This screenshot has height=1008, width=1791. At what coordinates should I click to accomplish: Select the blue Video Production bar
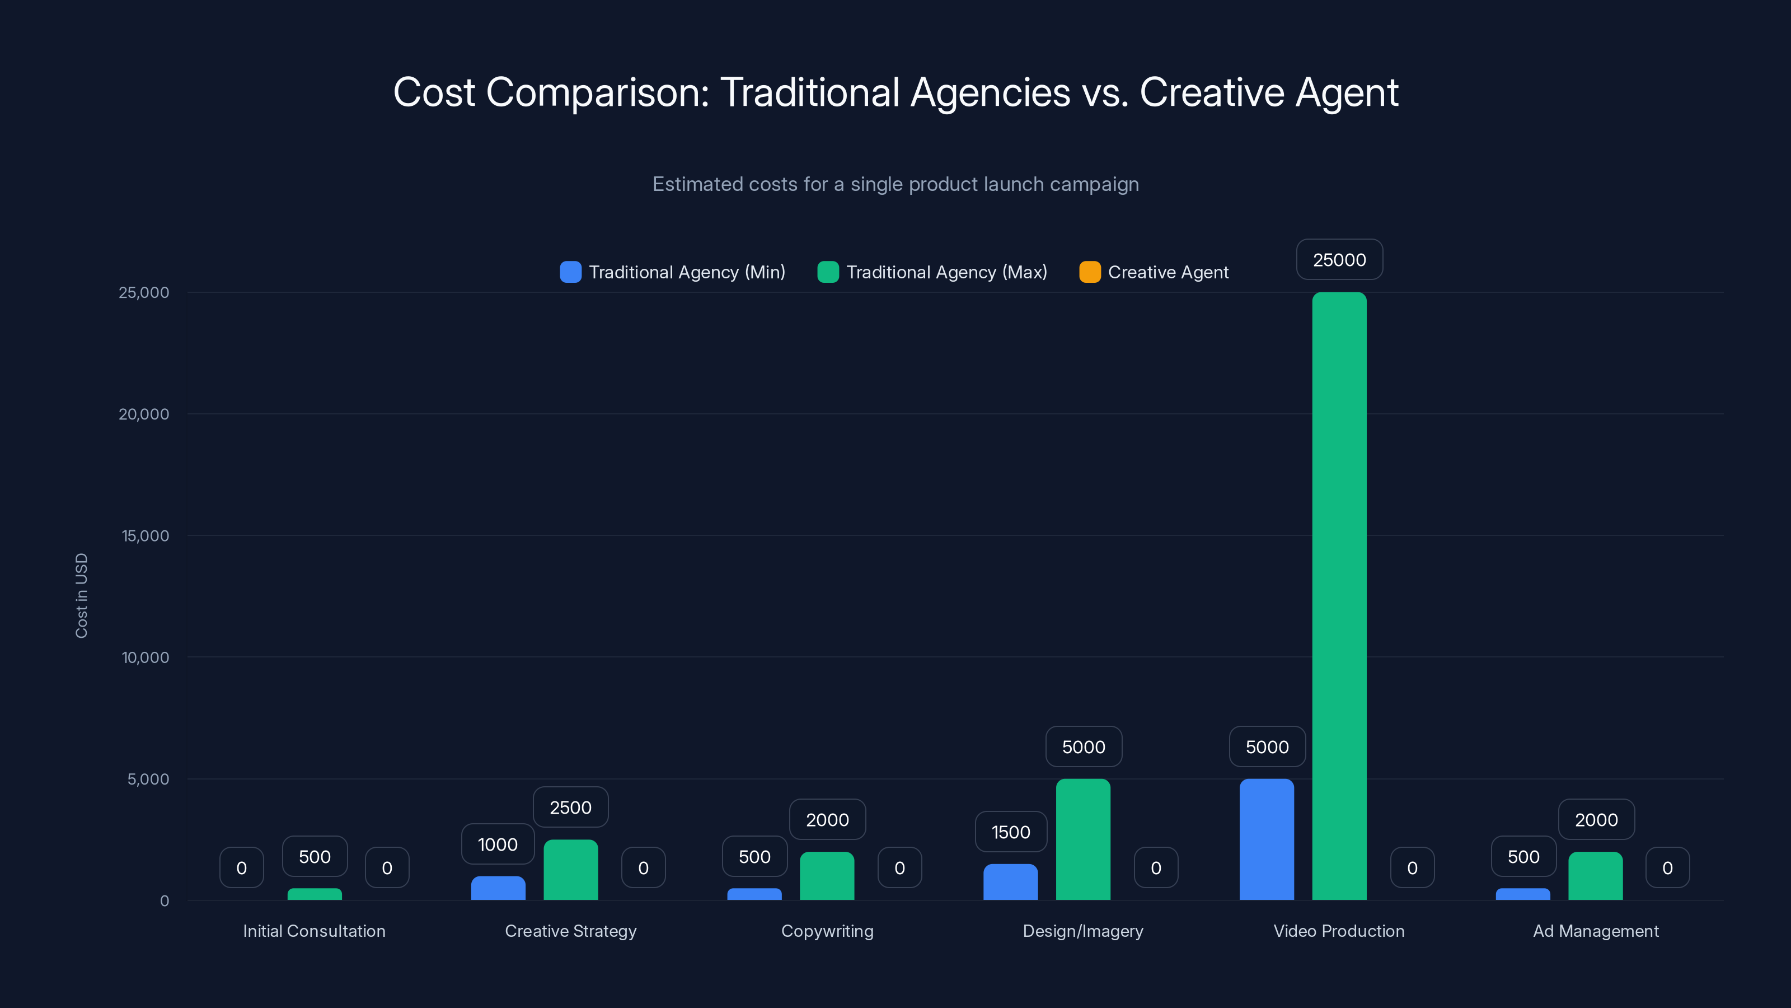(x=1266, y=839)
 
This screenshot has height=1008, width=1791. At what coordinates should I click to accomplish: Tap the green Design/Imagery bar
(x=1082, y=839)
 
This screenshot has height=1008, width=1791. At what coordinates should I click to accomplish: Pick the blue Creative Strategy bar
(x=498, y=888)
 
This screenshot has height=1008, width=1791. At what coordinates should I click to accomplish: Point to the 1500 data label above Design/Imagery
(x=1010, y=832)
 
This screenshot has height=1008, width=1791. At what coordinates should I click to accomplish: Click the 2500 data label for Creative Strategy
(x=570, y=807)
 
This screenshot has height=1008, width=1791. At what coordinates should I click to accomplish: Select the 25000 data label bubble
(x=1339, y=259)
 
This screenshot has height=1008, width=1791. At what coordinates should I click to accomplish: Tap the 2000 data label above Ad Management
(x=1596, y=819)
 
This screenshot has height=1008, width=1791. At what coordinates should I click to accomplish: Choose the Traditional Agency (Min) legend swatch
(x=570, y=272)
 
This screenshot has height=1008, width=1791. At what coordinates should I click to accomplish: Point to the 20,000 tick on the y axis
(x=144, y=414)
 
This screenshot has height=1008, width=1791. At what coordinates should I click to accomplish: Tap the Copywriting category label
(x=827, y=931)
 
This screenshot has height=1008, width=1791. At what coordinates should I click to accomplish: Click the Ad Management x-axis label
(x=1596, y=931)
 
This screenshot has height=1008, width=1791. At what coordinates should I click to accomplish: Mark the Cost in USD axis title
(x=81, y=595)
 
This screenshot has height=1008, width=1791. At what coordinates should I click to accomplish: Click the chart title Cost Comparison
(x=895, y=92)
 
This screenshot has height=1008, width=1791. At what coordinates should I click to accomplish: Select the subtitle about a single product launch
(x=895, y=184)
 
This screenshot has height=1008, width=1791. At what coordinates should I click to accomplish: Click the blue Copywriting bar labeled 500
(x=754, y=894)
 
